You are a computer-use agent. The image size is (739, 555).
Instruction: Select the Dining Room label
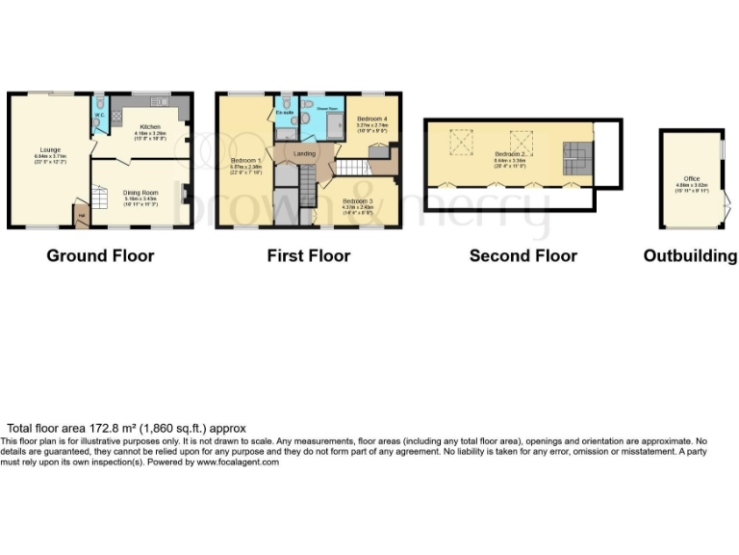[x=140, y=192]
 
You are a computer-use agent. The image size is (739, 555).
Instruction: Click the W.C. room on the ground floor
[x=98, y=117]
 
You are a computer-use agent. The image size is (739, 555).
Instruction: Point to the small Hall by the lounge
[x=81, y=214]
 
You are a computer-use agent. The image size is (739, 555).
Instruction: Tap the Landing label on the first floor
[x=304, y=153]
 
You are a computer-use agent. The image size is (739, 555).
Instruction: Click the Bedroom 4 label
[x=370, y=120]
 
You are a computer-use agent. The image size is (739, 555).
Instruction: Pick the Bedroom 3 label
[x=357, y=201]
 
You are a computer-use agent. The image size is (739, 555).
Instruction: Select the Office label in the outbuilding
[x=691, y=177]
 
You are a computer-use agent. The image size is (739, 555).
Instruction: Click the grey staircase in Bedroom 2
[x=575, y=152]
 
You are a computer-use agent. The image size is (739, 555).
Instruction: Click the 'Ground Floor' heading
[x=100, y=255]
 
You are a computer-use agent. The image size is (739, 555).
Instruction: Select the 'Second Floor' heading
[x=522, y=255]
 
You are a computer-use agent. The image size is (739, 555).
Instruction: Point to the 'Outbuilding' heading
[x=690, y=255]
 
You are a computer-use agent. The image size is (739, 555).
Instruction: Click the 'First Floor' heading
[x=308, y=255]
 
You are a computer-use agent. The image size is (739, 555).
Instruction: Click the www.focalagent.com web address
[x=238, y=462]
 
